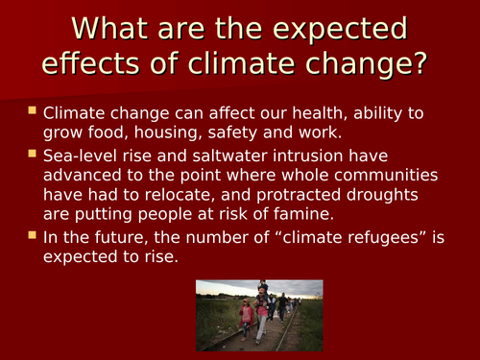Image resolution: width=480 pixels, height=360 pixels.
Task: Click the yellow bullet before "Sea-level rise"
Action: tap(34, 154)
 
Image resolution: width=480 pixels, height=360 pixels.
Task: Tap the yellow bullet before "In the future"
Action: tap(34, 235)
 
